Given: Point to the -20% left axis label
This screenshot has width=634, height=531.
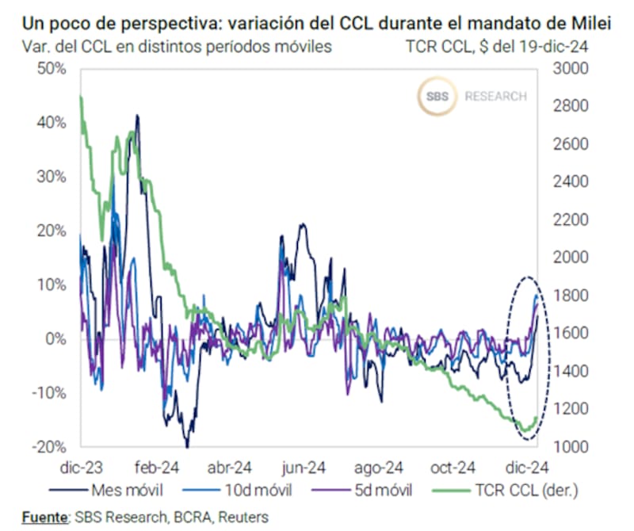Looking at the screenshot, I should (x=49, y=446).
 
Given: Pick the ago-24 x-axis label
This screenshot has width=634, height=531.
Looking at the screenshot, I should (x=378, y=466).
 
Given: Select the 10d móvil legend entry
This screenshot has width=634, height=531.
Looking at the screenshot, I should (x=250, y=490).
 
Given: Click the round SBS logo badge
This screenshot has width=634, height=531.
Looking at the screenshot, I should (x=436, y=96).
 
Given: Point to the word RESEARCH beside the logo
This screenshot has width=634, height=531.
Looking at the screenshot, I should (x=495, y=97).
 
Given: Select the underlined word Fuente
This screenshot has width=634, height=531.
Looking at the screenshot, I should (x=44, y=517).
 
